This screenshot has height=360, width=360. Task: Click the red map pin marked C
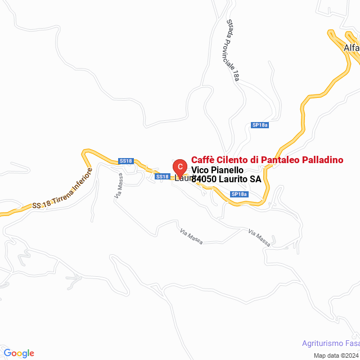179,167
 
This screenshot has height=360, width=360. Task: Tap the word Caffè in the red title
203,160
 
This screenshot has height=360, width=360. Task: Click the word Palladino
323,160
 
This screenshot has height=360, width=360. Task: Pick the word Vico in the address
201,170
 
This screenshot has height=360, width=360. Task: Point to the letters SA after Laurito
256,179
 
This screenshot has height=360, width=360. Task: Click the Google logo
18,353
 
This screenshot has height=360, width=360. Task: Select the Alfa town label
351,48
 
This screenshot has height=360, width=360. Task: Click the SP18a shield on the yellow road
239,194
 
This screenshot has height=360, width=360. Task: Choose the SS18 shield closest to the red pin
162,177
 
